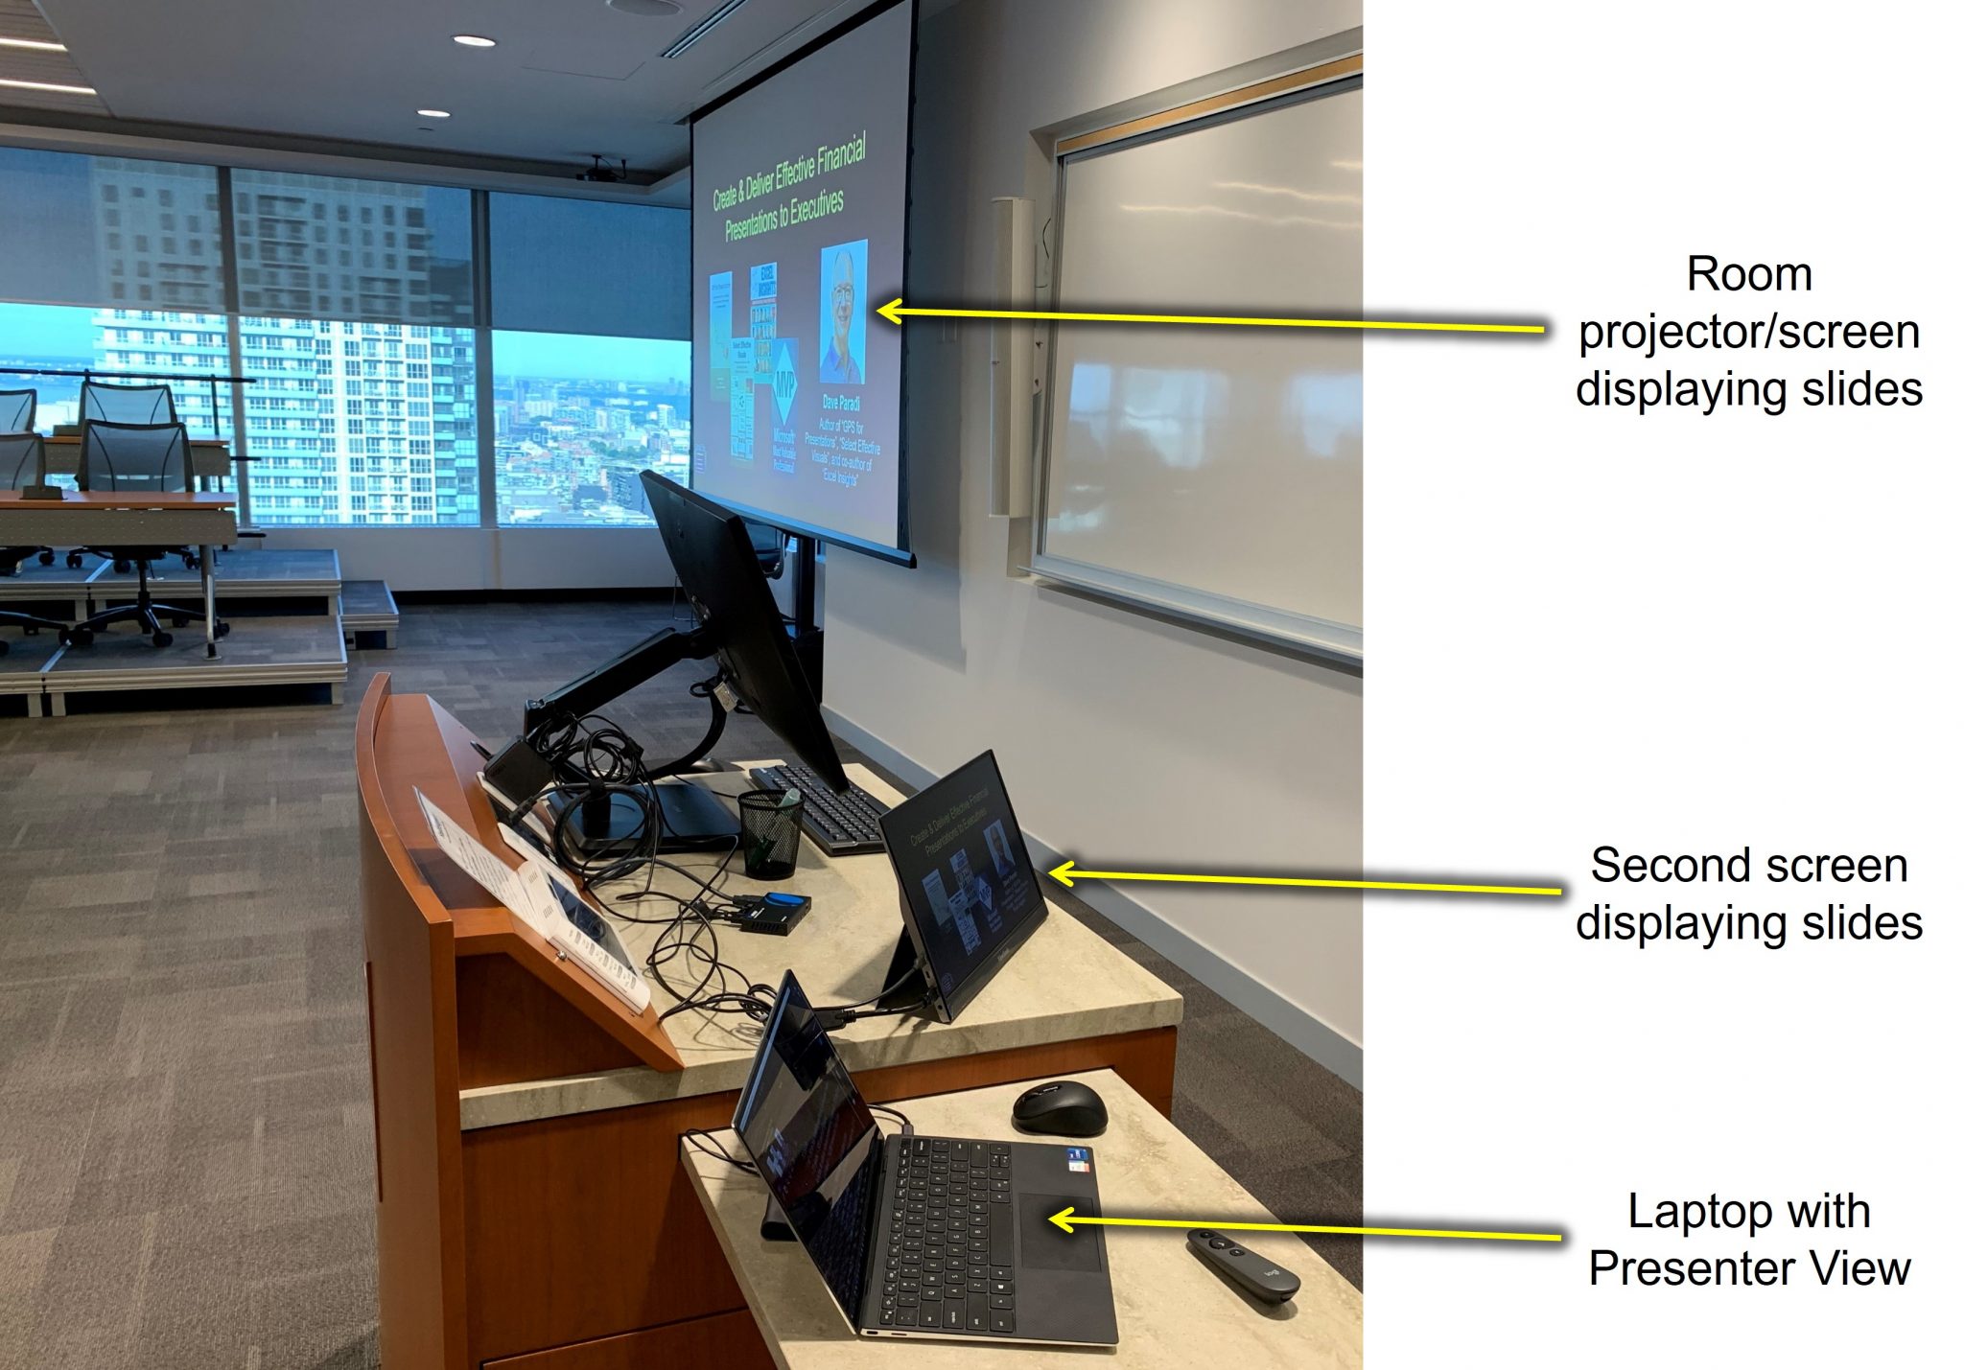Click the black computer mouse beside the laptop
click(1059, 1108)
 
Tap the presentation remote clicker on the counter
click(1242, 1264)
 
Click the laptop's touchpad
click(1059, 1231)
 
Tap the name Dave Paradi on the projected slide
click(841, 404)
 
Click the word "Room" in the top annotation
click(1748, 275)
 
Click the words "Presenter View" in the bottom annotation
click(1749, 1268)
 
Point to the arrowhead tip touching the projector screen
click(880, 310)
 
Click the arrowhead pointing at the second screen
click(1053, 872)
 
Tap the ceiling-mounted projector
click(601, 171)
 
